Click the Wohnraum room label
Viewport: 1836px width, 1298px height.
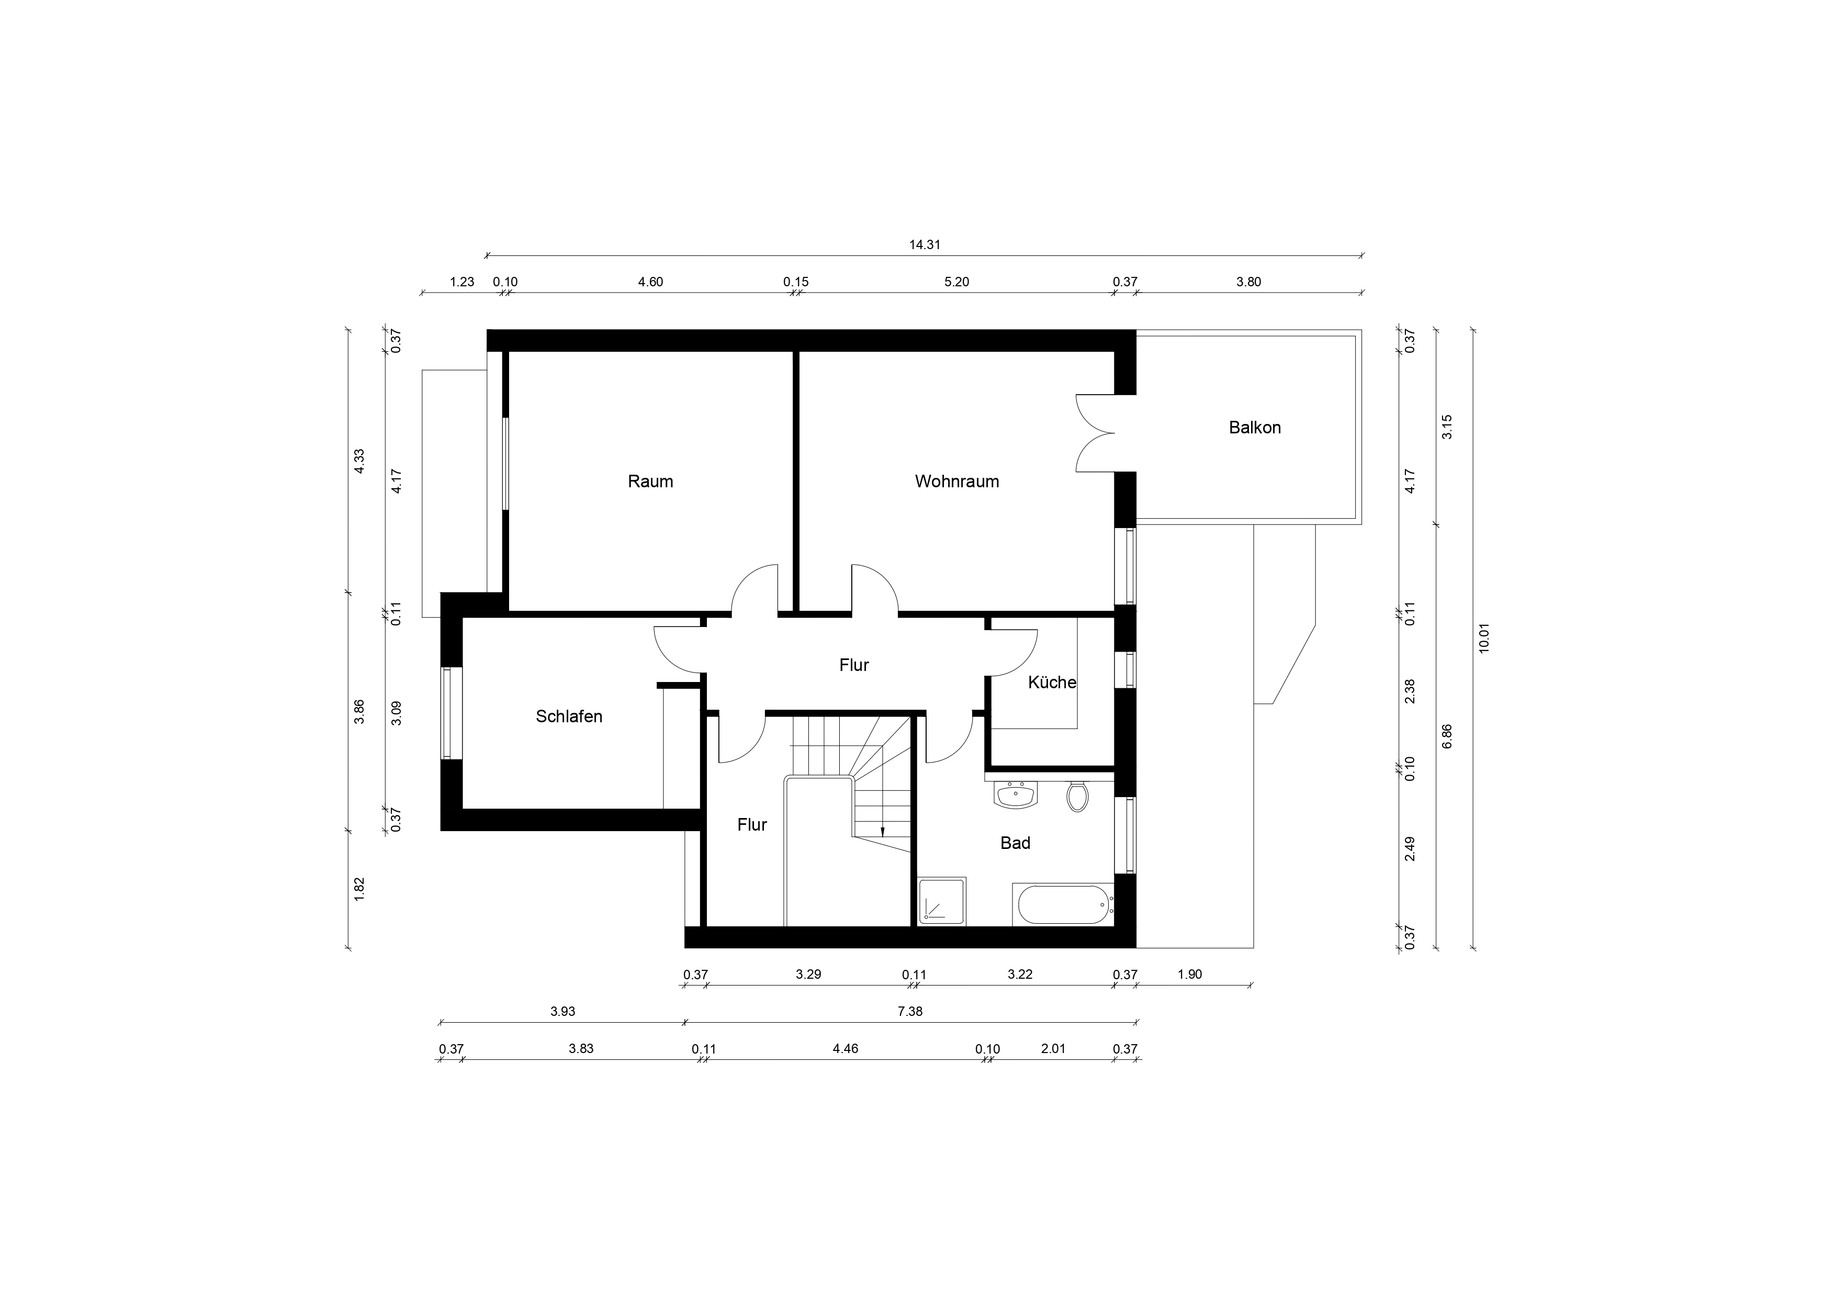[956, 482]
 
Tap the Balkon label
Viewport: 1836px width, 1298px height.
[1255, 428]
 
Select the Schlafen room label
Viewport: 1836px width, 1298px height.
[569, 717]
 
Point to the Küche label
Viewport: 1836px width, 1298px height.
[1052, 682]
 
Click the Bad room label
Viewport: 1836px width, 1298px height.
[1015, 843]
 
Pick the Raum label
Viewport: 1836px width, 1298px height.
[650, 482]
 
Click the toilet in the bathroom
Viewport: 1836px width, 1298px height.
[1077, 797]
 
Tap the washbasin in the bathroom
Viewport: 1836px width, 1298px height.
[1016, 795]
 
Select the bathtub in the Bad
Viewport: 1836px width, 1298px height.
[1063, 904]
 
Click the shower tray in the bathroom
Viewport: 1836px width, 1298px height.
[942, 901]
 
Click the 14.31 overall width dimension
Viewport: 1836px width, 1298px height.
[925, 245]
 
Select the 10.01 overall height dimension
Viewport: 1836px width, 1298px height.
[1484, 638]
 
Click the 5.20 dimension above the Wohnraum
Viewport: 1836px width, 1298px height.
[956, 282]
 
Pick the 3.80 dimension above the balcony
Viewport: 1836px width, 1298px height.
[1248, 282]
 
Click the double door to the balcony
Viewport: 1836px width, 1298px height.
[1095, 433]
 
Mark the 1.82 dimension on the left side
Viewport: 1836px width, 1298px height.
[359, 889]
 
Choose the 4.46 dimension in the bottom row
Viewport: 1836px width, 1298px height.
[845, 1048]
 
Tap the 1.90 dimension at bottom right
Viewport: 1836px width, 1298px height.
[1190, 974]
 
